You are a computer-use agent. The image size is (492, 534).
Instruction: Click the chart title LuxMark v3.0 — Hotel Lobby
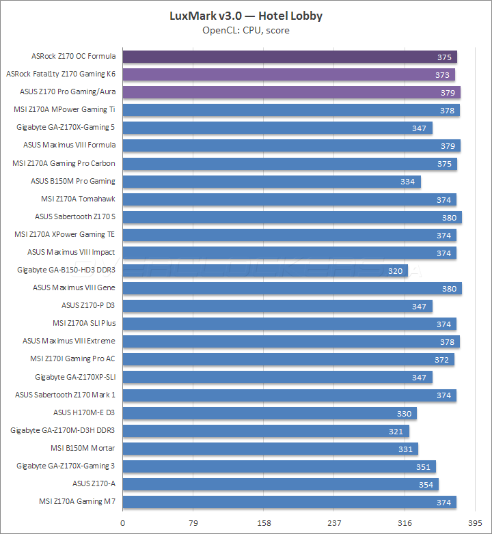tap(246, 16)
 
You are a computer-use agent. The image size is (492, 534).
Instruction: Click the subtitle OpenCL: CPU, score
tap(246, 30)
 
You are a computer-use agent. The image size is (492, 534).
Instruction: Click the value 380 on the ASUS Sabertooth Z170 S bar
tap(449, 217)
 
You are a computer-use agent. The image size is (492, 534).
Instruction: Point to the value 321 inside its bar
tap(396, 431)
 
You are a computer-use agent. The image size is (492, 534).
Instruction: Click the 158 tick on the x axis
tap(264, 523)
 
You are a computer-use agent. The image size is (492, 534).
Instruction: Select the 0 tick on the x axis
tap(123, 523)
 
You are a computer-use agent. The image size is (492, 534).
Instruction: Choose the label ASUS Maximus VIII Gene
tap(74, 287)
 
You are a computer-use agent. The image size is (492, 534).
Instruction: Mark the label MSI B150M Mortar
tap(83, 448)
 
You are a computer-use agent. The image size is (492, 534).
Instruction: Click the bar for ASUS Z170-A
tap(281, 484)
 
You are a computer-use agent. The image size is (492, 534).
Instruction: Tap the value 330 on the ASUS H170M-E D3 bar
tap(404, 413)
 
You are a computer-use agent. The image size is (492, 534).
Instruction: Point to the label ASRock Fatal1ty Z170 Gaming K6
tap(61, 74)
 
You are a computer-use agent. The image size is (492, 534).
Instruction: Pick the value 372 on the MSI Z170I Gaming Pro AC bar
tap(441, 359)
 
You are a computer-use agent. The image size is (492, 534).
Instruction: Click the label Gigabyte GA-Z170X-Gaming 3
tap(66, 466)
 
